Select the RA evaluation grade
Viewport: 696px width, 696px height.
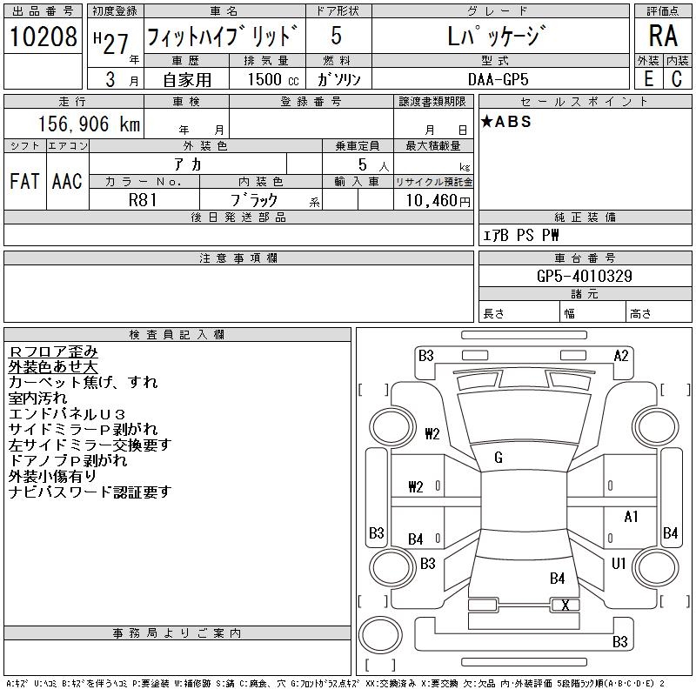[x=662, y=36]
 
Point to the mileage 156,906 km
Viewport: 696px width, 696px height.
[x=86, y=124]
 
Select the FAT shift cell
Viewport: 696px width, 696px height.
[x=24, y=181]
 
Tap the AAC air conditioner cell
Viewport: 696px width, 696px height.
[x=67, y=181]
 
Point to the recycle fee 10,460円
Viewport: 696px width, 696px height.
[x=433, y=200]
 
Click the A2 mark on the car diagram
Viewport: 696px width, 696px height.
[x=621, y=355]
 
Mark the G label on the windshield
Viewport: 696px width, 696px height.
[x=499, y=458]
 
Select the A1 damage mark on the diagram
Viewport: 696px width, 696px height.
[x=632, y=517]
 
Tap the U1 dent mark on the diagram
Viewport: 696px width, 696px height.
[x=619, y=563]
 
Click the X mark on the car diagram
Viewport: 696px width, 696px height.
[x=565, y=605]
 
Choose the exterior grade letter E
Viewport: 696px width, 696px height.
[x=648, y=78]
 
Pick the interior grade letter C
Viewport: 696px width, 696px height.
[x=677, y=78]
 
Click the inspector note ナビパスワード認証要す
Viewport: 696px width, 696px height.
[x=90, y=492]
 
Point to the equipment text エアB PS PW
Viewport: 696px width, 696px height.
[x=521, y=235]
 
